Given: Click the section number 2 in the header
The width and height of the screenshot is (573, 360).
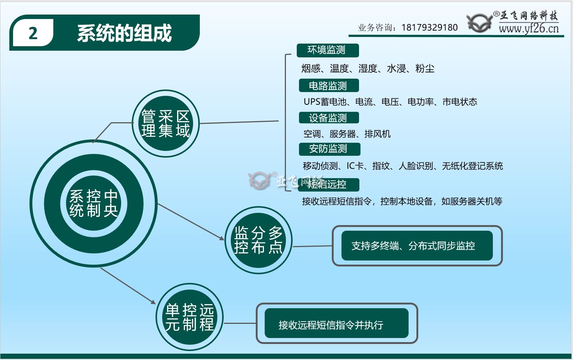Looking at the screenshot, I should [33, 34].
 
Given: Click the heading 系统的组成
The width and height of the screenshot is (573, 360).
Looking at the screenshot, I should [124, 33].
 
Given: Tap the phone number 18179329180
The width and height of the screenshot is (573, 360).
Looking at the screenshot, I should [429, 28].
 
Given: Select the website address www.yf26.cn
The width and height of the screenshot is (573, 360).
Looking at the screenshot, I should [529, 28].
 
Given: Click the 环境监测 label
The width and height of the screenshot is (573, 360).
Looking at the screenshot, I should [327, 50].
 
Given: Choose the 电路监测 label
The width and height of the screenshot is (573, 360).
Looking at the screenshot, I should [328, 86].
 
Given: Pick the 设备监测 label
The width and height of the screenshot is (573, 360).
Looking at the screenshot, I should [328, 118].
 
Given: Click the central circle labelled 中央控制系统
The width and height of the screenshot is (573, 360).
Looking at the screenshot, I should [94, 203].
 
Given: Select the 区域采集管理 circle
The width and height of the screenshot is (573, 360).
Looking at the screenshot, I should [166, 124].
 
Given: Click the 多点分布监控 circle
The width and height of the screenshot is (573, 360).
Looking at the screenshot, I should [258, 240].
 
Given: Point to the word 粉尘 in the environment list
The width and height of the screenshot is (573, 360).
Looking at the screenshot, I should [425, 69].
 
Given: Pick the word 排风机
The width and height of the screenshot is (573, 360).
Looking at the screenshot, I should [378, 134].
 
